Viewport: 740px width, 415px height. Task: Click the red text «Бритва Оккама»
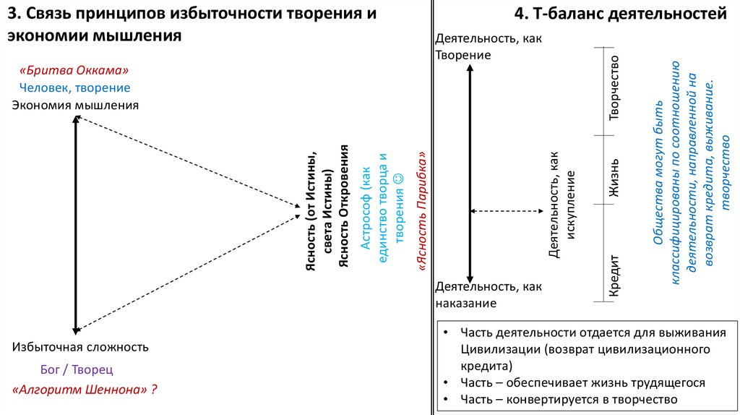(x=74, y=71)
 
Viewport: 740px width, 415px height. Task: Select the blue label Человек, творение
(x=74, y=87)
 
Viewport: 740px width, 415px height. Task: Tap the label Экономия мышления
(x=74, y=106)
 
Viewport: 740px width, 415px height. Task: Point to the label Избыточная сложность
(x=80, y=346)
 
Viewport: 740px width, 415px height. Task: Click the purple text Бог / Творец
(x=77, y=369)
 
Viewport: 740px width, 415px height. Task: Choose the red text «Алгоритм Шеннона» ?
(x=85, y=389)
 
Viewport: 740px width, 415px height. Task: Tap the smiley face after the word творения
(x=397, y=176)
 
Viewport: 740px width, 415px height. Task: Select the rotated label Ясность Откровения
(x=345, y=206)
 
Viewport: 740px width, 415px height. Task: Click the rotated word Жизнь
(x=614, y=177)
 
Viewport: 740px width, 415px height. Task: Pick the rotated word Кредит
(x=614, y=275)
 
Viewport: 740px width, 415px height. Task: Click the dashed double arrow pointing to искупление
(x=505, y=211)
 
